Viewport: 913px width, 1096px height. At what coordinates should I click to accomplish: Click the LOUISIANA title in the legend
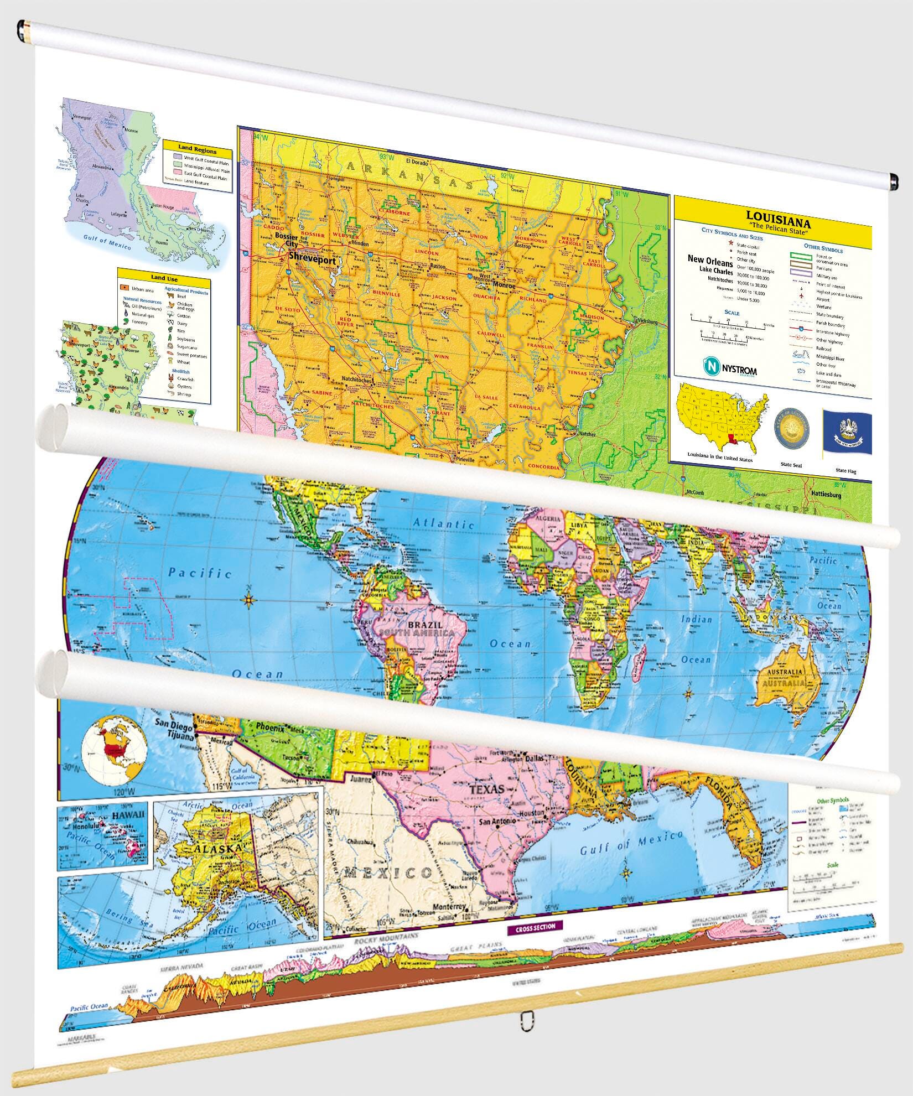[x=779, y=216]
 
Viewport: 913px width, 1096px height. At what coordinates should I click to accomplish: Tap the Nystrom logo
[x=729, y=367]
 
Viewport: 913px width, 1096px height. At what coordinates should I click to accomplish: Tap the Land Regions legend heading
[x=197, y=150]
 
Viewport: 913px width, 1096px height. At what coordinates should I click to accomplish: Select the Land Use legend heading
[x=164, y=278]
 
